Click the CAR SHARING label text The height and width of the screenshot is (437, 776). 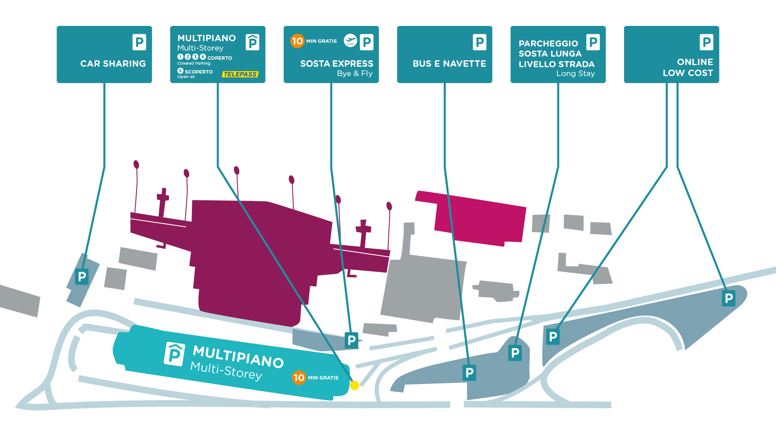113,64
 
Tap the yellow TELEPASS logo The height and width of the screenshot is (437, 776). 240,74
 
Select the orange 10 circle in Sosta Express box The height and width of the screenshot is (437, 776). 297,41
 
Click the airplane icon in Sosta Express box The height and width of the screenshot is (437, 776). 350,40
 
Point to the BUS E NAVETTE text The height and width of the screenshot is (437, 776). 449,64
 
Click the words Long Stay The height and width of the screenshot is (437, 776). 576,73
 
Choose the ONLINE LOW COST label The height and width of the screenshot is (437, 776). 688,67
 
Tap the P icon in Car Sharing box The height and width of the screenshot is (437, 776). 139,42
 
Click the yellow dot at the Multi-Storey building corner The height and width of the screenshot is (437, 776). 354,385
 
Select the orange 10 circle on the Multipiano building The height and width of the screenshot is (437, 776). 299,378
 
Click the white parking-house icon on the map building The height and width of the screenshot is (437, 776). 174,354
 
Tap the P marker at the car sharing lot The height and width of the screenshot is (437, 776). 82,277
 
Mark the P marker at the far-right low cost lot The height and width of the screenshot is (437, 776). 729,298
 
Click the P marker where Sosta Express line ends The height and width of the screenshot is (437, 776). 352,340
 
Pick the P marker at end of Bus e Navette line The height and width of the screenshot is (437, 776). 469,373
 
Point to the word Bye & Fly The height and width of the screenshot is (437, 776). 354,73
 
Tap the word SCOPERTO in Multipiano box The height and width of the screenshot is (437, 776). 198,72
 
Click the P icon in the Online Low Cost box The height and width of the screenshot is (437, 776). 706,42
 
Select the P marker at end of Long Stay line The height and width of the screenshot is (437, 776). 515,353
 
